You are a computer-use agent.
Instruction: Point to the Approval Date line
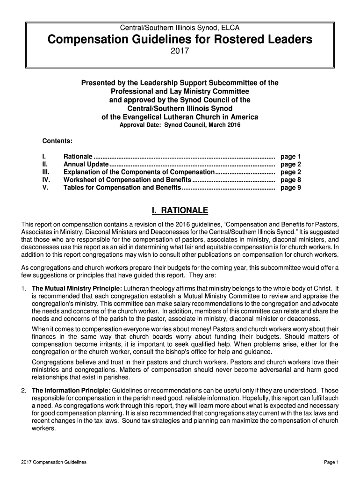(180, 125)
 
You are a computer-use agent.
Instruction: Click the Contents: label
(57, 141)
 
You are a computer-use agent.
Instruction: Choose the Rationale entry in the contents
(78, 157)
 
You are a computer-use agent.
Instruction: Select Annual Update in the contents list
(86, 165)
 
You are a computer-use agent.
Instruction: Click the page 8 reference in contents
(290, 180)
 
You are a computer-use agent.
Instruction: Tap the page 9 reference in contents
(290, 188)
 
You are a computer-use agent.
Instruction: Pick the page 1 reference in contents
(290, 157)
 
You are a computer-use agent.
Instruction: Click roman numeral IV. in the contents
(46, 180)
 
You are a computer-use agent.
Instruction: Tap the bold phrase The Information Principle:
(71, 391)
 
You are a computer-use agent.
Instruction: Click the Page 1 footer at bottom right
(331, 462)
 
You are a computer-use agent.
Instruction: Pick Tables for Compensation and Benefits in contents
(122, 188)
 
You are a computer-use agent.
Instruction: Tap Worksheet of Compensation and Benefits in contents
(127, 180)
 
